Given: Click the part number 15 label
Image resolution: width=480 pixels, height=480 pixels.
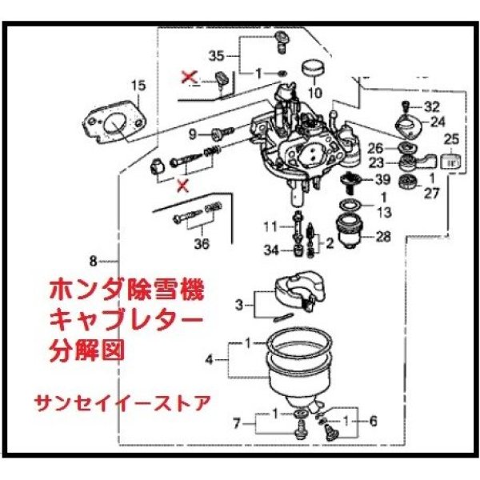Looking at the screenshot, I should (x=138, y=84).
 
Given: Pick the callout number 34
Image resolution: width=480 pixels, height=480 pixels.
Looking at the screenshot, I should (x=272, y=251).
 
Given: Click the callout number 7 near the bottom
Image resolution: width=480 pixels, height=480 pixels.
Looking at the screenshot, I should (x=236, y=422).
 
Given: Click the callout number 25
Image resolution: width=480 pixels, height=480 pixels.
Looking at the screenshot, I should (x=451, y=138).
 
